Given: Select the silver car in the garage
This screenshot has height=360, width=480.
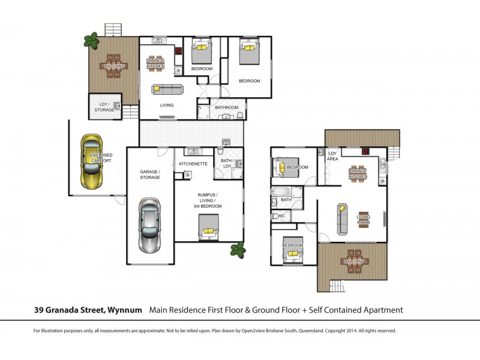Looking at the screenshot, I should coord(150,225).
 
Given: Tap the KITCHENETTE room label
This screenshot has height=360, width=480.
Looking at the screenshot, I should coord(193,163).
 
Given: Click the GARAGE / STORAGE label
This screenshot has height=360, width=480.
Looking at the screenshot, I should coord(150,174).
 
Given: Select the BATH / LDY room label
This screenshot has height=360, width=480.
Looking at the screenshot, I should coord(226,163).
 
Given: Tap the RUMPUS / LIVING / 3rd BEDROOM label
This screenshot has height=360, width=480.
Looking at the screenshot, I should coord(208,200).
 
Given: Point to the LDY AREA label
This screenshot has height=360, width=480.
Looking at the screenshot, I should coord(332,156).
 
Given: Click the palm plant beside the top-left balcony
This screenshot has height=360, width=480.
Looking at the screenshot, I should coord(91,40).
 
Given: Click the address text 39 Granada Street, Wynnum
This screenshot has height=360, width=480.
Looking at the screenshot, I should coord(87,310).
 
